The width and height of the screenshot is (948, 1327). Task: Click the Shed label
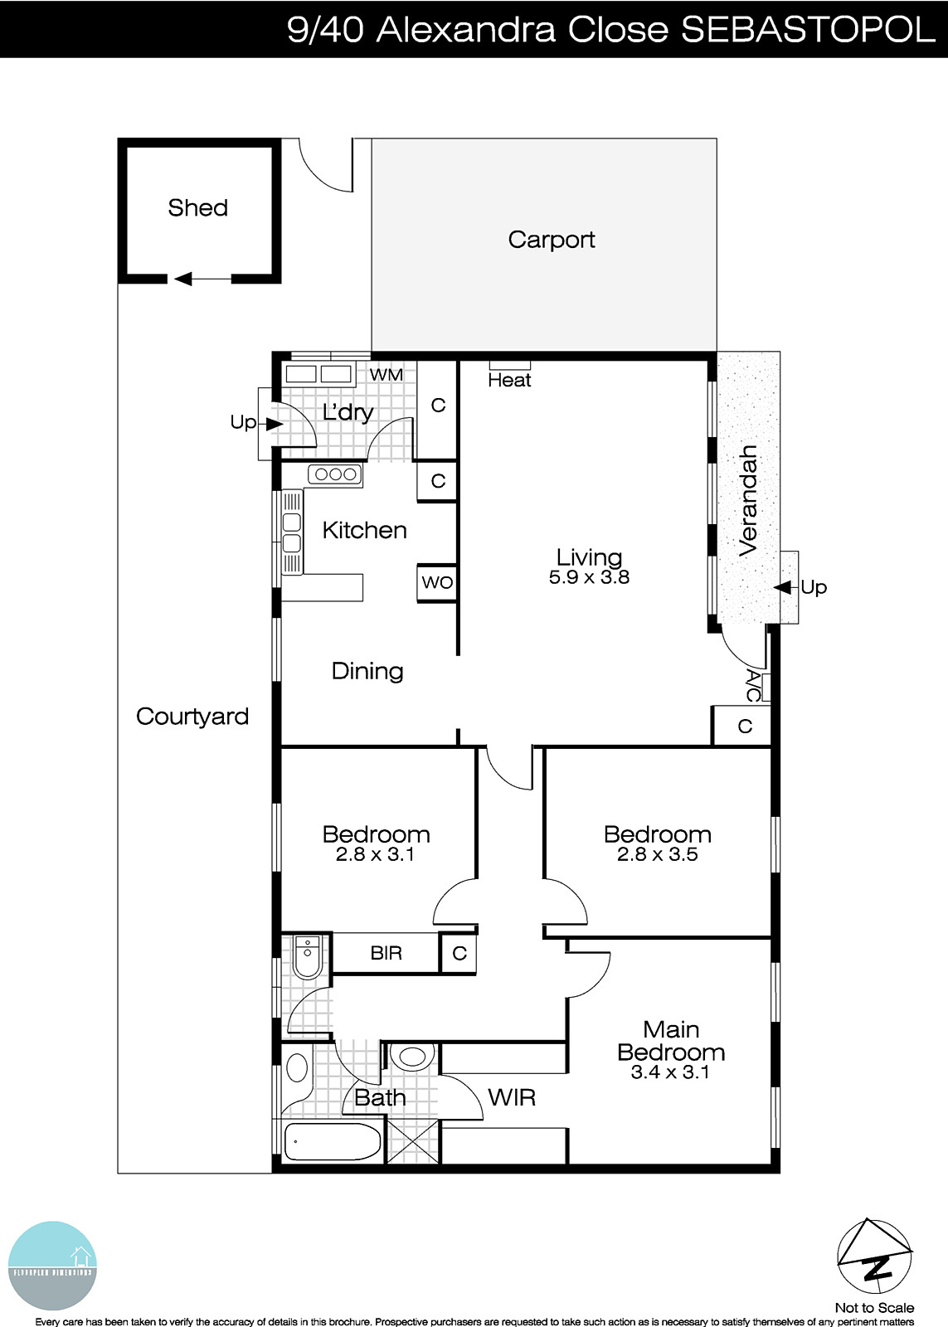pos(197,207)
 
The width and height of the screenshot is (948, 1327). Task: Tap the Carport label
pos(552,240)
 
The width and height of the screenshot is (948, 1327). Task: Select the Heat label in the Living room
pos(509,381)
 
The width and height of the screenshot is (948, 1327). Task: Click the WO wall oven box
pos(437,582)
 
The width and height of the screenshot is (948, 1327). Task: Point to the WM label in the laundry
pos(386,375)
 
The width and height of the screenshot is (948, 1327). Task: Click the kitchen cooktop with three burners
pos(335,474)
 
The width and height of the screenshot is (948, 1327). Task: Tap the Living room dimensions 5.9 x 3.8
pos(589,578)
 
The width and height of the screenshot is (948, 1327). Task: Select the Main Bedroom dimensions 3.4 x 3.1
pos(670,1072)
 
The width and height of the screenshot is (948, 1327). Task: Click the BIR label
pos(386,954)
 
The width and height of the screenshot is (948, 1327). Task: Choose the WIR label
pos(512,1098)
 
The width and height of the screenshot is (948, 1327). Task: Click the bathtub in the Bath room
pos(333,1142)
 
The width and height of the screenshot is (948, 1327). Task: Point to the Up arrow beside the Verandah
pos(783,587)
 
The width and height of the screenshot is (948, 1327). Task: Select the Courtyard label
pos(192,717)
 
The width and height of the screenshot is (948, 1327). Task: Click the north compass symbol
pos(874,1257)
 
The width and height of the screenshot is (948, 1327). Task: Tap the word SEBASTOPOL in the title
pos(807,30)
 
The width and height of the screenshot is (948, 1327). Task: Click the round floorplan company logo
pos(53,1266)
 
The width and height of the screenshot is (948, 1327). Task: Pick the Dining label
pos(367,671)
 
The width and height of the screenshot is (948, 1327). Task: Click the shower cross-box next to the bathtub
pos(412,1141)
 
